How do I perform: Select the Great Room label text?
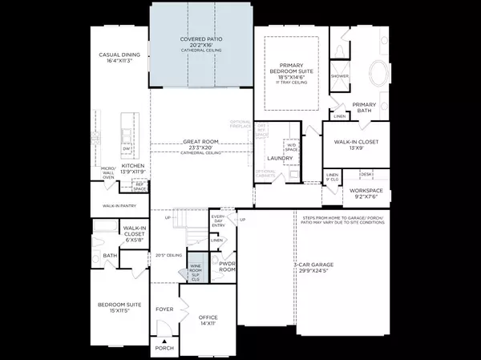point(200,142)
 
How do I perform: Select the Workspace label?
point(368,191)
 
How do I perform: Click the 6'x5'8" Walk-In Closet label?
point(132,233)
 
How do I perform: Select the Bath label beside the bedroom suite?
point(110,257)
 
